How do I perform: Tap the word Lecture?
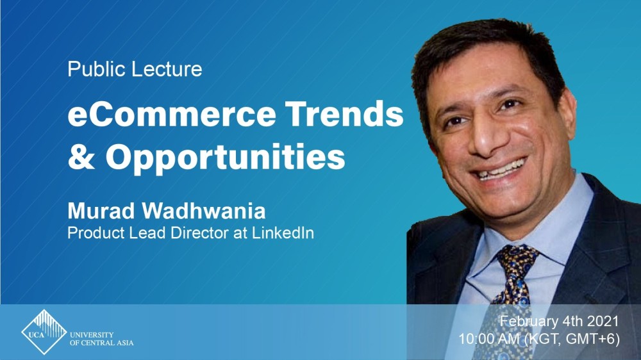point(167,69)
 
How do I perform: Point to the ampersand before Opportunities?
point(82,156)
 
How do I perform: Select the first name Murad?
point(101,211)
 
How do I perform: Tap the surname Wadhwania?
point(204,211)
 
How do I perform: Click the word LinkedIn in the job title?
point(283,233)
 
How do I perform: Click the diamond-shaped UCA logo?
point(44,332)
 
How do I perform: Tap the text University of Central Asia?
point(101,339)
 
